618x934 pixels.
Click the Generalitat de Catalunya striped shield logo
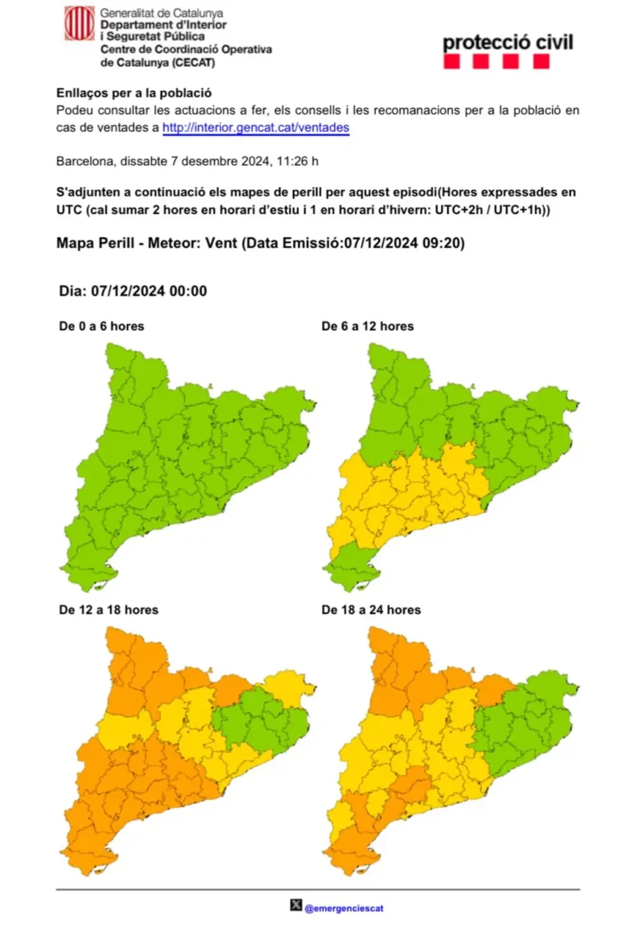tap(79, 23)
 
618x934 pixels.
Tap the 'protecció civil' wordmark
tap(508, 42)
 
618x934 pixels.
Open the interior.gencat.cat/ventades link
tap(256, 127)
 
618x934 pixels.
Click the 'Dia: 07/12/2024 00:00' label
tap(133, 290)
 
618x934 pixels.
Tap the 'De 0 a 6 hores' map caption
tap(101, 326)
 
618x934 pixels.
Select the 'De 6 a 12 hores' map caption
tap(368, 326)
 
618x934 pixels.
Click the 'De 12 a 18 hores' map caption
tap(109, 610)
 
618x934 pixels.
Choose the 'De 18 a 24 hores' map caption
tap(371, 610)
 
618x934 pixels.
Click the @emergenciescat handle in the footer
tap(344, 908)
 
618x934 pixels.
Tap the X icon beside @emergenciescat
tap(296, 907)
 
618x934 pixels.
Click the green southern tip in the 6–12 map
tap(352, 560)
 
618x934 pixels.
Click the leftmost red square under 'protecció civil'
tap(451, 62)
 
